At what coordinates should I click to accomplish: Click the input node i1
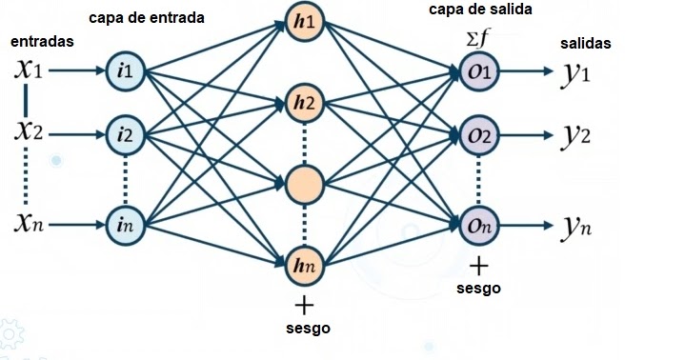tap(125, 72)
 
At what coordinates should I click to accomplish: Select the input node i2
tap(125, 136)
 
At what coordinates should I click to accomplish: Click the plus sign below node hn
tap(304, 305)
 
